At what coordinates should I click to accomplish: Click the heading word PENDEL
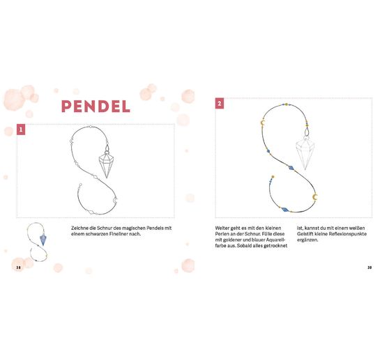pyautogui.click(x=96, y=107)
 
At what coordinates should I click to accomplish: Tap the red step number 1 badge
pyautogui.click(x=21, y=130)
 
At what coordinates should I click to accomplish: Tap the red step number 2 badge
pyautogui.click(x=220, y=103)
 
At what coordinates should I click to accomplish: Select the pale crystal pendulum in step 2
pyautogui.click(x=305, y=152)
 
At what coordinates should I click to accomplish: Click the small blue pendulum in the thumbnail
pyautogui.click(x=43, y=239)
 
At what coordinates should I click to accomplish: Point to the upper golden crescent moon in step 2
pyautogui.click(x=263, y=122)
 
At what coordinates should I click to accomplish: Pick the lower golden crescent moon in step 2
pyautogui.click(x=315, y=197)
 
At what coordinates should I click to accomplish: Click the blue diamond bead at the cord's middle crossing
pyautogui.click(x=291, y=168)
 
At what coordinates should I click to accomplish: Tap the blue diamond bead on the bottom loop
pyautogui.click(x=285, y=210)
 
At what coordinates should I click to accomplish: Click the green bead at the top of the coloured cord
pyautogui.click(x=287, y=104)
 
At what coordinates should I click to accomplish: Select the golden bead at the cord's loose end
pyautogui.click(x=273, y=177)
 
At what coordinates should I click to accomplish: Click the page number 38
pyautogui.click(x=18, y=267)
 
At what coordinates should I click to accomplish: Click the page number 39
pyautogui.click(x=369, y=267)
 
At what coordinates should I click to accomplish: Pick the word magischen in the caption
pyautogui.click(x=133, y=228)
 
